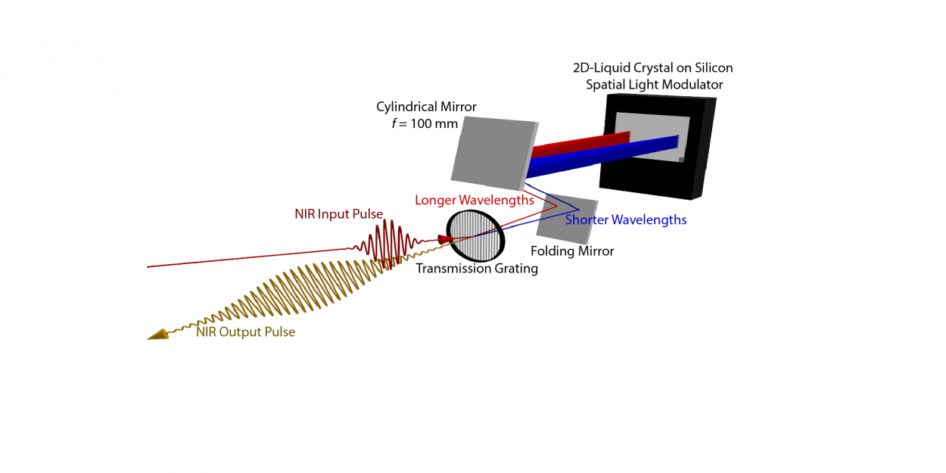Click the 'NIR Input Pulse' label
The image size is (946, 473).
[x=338, y=214]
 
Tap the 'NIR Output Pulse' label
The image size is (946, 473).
[x=245, y=331]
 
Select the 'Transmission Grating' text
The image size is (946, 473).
[x=477, y=269]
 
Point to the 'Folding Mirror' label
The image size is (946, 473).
[x=572, y=251]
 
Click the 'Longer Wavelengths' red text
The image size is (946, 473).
[x=475, y=201]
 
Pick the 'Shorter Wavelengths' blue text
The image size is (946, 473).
[x=626, y=220]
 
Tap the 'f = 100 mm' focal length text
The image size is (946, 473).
[x=425, y=123]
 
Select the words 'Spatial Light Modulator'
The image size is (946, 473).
[x=654, y=85]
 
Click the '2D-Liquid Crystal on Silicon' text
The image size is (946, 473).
[x=652, y=68]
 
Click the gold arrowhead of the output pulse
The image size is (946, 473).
[x=158, y=335]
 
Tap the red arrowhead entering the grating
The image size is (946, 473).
[x=444, y=239]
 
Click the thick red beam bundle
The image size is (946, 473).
[x=583, y=142]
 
